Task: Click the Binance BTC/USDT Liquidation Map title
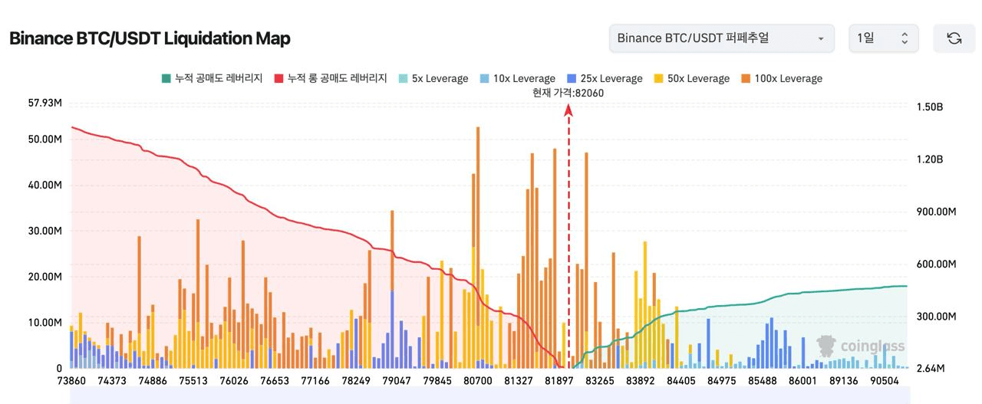[x=150, y=38]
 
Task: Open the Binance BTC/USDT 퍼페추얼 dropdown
[x=721, y=38]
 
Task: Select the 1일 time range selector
[x=883, y=38]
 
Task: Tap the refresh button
[x=954, y=38]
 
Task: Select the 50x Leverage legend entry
[x=691, y=78]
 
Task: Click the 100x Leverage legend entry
[x=781, y=78]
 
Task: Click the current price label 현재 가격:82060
[x=568, y=93]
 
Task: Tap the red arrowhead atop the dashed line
[x=568, y=110]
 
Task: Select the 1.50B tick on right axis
[x=929, y=107]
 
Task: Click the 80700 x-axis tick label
[x=478, y=381]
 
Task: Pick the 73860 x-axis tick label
[x=71, y=381]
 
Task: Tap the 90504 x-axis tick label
[x=885, y=381]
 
